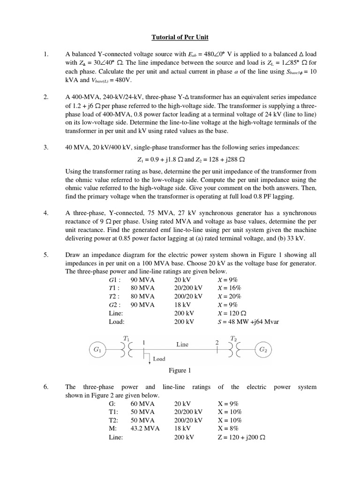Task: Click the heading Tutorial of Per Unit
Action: (180, 37)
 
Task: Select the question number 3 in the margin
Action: (46, 147)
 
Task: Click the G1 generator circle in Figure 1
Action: (97, 349)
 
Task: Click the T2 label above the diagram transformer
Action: (233, 337)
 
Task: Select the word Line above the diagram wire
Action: (182, 344)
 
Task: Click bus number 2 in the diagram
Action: (217, 343)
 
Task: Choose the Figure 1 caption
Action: (180, 371)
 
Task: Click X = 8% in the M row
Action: (228, 428)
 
